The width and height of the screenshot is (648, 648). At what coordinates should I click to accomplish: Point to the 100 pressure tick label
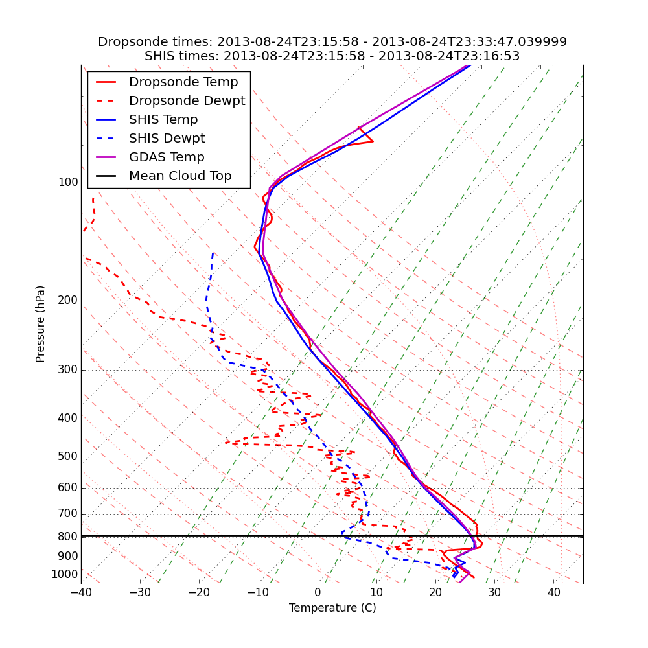point(68,183)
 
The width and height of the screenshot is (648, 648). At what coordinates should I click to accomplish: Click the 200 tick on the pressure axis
point(68,301)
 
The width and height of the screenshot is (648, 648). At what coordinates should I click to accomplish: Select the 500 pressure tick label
point(68,457)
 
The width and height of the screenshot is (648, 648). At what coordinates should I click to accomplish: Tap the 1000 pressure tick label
point(65,575)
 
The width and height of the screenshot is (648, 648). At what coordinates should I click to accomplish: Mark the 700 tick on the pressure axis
point(68,514)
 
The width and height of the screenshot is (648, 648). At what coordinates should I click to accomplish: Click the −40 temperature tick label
point(81,592)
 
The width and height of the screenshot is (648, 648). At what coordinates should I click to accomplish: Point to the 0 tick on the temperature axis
point(318,592)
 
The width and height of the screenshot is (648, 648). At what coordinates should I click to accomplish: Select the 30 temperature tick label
point(494,592)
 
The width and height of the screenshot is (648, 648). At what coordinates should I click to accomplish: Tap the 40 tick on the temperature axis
point(553,592)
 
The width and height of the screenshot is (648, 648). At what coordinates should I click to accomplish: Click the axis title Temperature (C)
point(332,608)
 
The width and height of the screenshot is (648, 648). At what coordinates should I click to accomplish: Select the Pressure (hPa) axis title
point(41,324)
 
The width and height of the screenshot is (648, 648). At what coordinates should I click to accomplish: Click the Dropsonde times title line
point(332,42)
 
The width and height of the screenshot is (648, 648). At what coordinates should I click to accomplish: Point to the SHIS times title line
point(332,56)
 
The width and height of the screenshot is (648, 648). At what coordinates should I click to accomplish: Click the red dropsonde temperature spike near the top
point(371,141)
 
